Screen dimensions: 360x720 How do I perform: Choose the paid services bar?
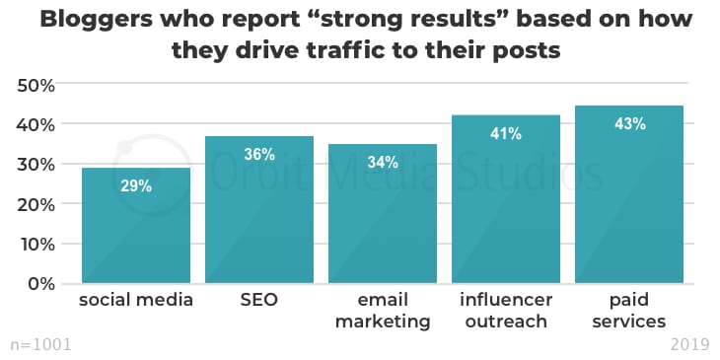click(629, 202)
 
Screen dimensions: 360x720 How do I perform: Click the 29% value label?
click(136, 185)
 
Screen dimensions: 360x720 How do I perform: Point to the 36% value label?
click(259, 154)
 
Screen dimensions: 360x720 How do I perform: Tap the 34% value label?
click(383, 162)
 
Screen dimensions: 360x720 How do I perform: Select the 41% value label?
click(506, 133)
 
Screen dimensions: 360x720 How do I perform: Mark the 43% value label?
click(629, 124)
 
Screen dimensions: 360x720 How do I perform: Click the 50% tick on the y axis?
click(36, 85)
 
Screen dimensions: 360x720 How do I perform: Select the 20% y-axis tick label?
click(36, 204)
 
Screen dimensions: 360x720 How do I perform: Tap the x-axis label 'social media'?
click(136, 300)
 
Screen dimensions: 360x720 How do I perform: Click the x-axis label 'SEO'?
click(259, 300)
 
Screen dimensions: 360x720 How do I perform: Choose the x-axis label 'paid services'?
click(629, 311)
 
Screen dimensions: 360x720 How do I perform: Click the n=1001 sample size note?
click(40, 344)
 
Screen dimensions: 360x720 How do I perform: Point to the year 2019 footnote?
click(689, 344)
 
